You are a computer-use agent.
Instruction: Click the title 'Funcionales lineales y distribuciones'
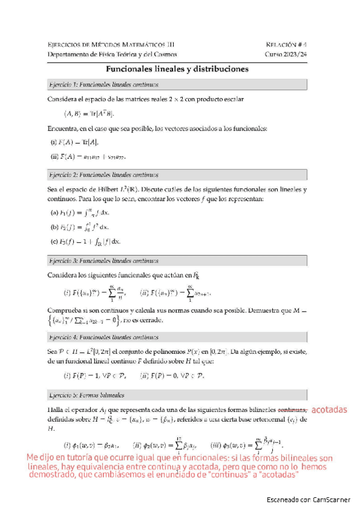177,70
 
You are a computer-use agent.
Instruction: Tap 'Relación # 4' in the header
286,45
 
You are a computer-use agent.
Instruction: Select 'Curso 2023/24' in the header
286,54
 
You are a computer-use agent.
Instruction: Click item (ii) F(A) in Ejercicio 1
88,157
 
